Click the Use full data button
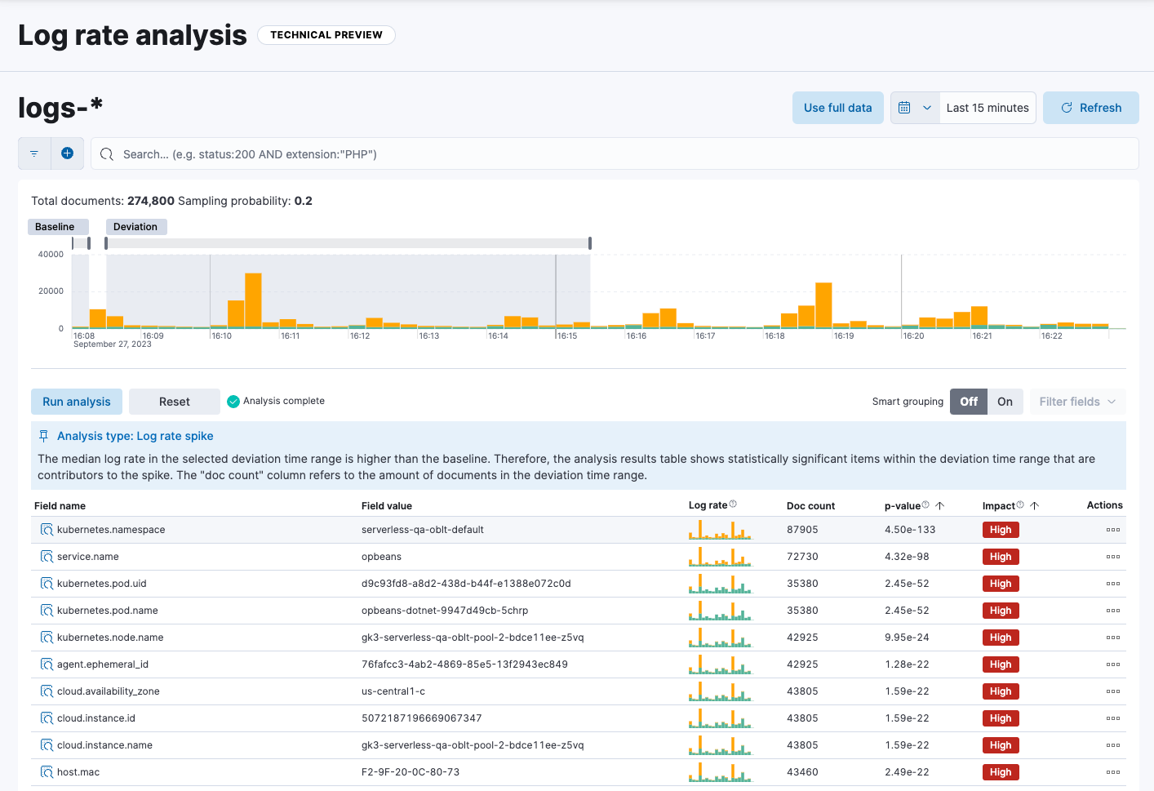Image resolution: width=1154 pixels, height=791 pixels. pyautogui.click(x=837, y=108)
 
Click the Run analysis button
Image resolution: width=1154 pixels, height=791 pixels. pyautogui.click(x=77, y=402)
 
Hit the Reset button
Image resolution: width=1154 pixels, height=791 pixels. pyautogui.click(x=174, y=402)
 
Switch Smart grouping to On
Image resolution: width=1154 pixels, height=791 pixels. pyautogui.click(x=1005, y=402)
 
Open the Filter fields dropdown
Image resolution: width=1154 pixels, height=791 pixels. pyautogui.click(x=1077, y=402)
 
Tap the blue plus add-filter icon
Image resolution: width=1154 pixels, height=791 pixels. pyautogui.click(x=68, y=153)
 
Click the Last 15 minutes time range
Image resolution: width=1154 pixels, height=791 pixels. pyautogui.click(x=988, y=108)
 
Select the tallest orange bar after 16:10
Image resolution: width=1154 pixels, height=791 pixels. pyautogui.click(x=253, y=300)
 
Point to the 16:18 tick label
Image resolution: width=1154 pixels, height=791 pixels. pyautogui.click(x=775, y=336)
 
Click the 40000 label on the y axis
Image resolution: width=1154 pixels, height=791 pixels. pyautogui.click(x=51, y=255)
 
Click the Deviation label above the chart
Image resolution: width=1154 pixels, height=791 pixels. pyautogui.click(x=135, y=227)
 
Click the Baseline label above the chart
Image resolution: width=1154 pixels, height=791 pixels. pyautogui.click(x=55, y=227)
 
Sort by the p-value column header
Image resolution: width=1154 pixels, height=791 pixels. pyautogui.click(x=903, y=506)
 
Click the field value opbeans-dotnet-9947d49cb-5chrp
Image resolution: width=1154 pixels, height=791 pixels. pyautogui.click(x=445, y=611)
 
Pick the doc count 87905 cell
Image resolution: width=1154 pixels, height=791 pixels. pyautogui.click(x=802, y=530)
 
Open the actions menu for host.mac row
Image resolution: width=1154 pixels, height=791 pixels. pyautogui.click(x=1112, y=772)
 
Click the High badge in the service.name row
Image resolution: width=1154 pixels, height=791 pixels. pyautogui.click(x=1001, y=557)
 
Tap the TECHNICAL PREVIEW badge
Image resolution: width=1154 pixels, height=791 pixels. pyautogui.click(x=326, y=35)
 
